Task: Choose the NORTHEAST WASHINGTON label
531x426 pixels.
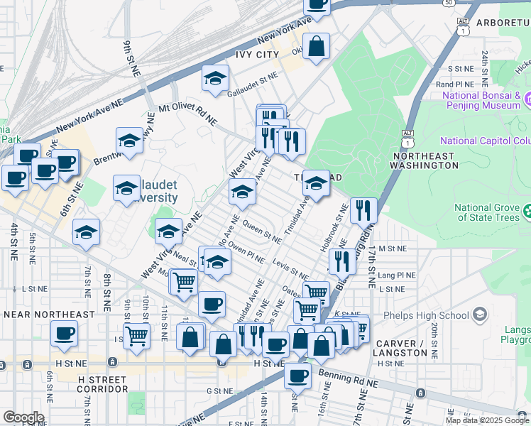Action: pyautogui.click(x=424, y=159)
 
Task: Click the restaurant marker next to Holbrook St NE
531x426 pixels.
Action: pyautogui.click(x=363, y=209)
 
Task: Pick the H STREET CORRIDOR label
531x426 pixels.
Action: pyautogui.click(x=103, y=384)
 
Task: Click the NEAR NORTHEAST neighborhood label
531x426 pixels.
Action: pyautogui.click(x=49, y=314)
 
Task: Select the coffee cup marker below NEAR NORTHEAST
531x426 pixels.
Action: pyautogui.click(x=64, y=333)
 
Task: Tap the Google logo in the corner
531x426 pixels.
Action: pyautogui.click(x=23, y=417)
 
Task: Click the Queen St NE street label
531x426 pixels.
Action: pyautogui.click(x=257, y=231)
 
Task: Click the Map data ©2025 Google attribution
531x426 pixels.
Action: pyautogui.click(x=487, y=420)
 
